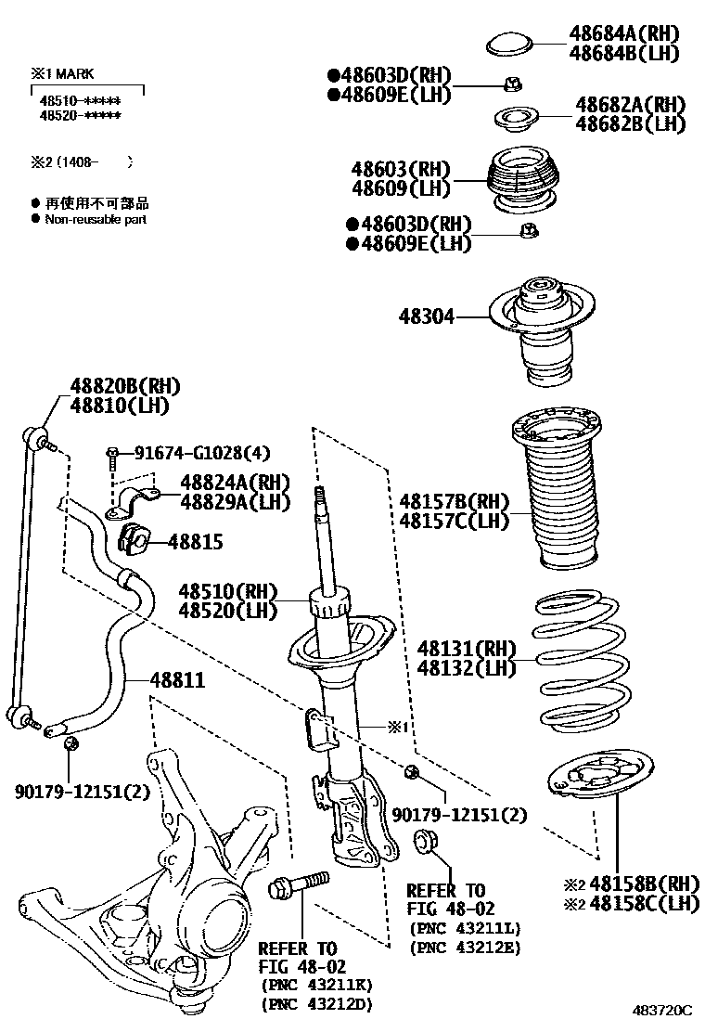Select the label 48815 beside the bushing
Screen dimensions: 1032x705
(x=193, y=541)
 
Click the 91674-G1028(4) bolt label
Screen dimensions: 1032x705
(x=202, y=453)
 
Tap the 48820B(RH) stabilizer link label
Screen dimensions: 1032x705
(x=125, y=387)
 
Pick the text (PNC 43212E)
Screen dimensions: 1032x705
(x=465, y=947)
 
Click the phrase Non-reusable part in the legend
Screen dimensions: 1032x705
(x=96, y=220)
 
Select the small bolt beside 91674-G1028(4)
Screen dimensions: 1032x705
(x=111, y=455)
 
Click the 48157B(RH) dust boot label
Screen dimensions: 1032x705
(x=455, y=501)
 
